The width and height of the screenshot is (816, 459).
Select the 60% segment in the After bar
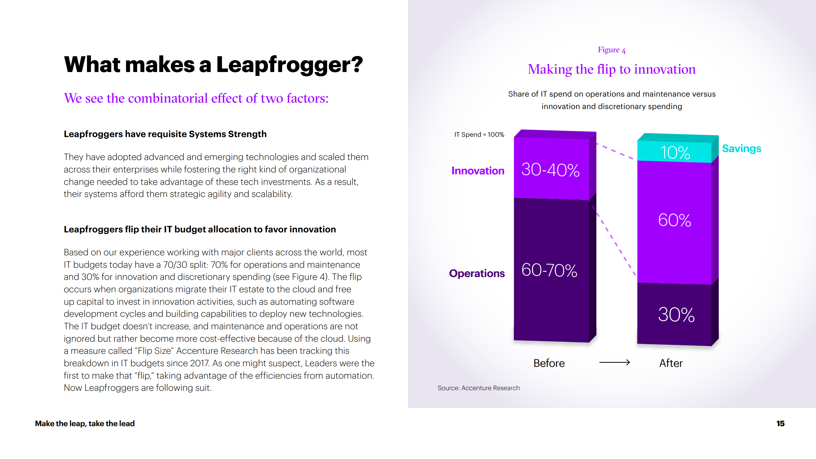coord(674,220)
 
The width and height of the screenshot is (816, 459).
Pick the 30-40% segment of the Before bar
coord(550,169)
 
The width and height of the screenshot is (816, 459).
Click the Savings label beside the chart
coord(741,149)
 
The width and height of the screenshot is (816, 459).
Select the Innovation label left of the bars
coord(478,171)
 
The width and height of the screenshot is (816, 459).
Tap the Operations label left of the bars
coord(477,273)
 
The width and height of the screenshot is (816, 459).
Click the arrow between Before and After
coord(614,362)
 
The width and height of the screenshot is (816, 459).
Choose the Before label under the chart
coord(549,363)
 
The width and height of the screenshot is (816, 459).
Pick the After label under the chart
coord(671,363)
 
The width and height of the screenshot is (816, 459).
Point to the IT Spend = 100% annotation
coord(479,135)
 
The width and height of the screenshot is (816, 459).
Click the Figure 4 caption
coord(612,50)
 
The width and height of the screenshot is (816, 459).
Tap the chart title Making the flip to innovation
coord(612,69)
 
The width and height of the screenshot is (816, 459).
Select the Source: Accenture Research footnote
coord(478,388)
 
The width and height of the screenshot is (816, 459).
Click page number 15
coord(780,424)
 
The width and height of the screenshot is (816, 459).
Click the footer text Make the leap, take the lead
coord(85,424)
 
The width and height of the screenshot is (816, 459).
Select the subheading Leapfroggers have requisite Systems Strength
coord(165,134)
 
